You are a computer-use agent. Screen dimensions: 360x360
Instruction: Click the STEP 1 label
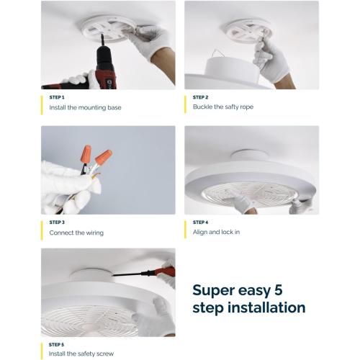(x=57, y=97)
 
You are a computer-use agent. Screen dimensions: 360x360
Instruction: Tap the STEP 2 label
(x=201, y=97)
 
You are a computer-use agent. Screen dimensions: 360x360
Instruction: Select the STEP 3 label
(x=57, y=222)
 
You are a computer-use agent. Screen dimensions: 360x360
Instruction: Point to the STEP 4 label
(x=201, y=222)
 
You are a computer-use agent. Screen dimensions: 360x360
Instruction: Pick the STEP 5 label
(x=57, y=345)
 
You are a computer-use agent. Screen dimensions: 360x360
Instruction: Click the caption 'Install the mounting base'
(x=85, y=107)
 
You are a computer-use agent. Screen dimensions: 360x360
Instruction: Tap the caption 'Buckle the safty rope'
(x=223, y=107)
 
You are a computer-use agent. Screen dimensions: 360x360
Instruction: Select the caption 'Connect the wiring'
(x=76, y=233)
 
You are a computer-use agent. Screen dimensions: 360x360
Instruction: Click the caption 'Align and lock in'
(x=217, y=233)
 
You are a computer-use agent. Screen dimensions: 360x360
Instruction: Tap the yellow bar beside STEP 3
(x=43, y=228)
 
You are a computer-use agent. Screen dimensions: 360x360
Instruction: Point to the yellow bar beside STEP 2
(x=187, y=103)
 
